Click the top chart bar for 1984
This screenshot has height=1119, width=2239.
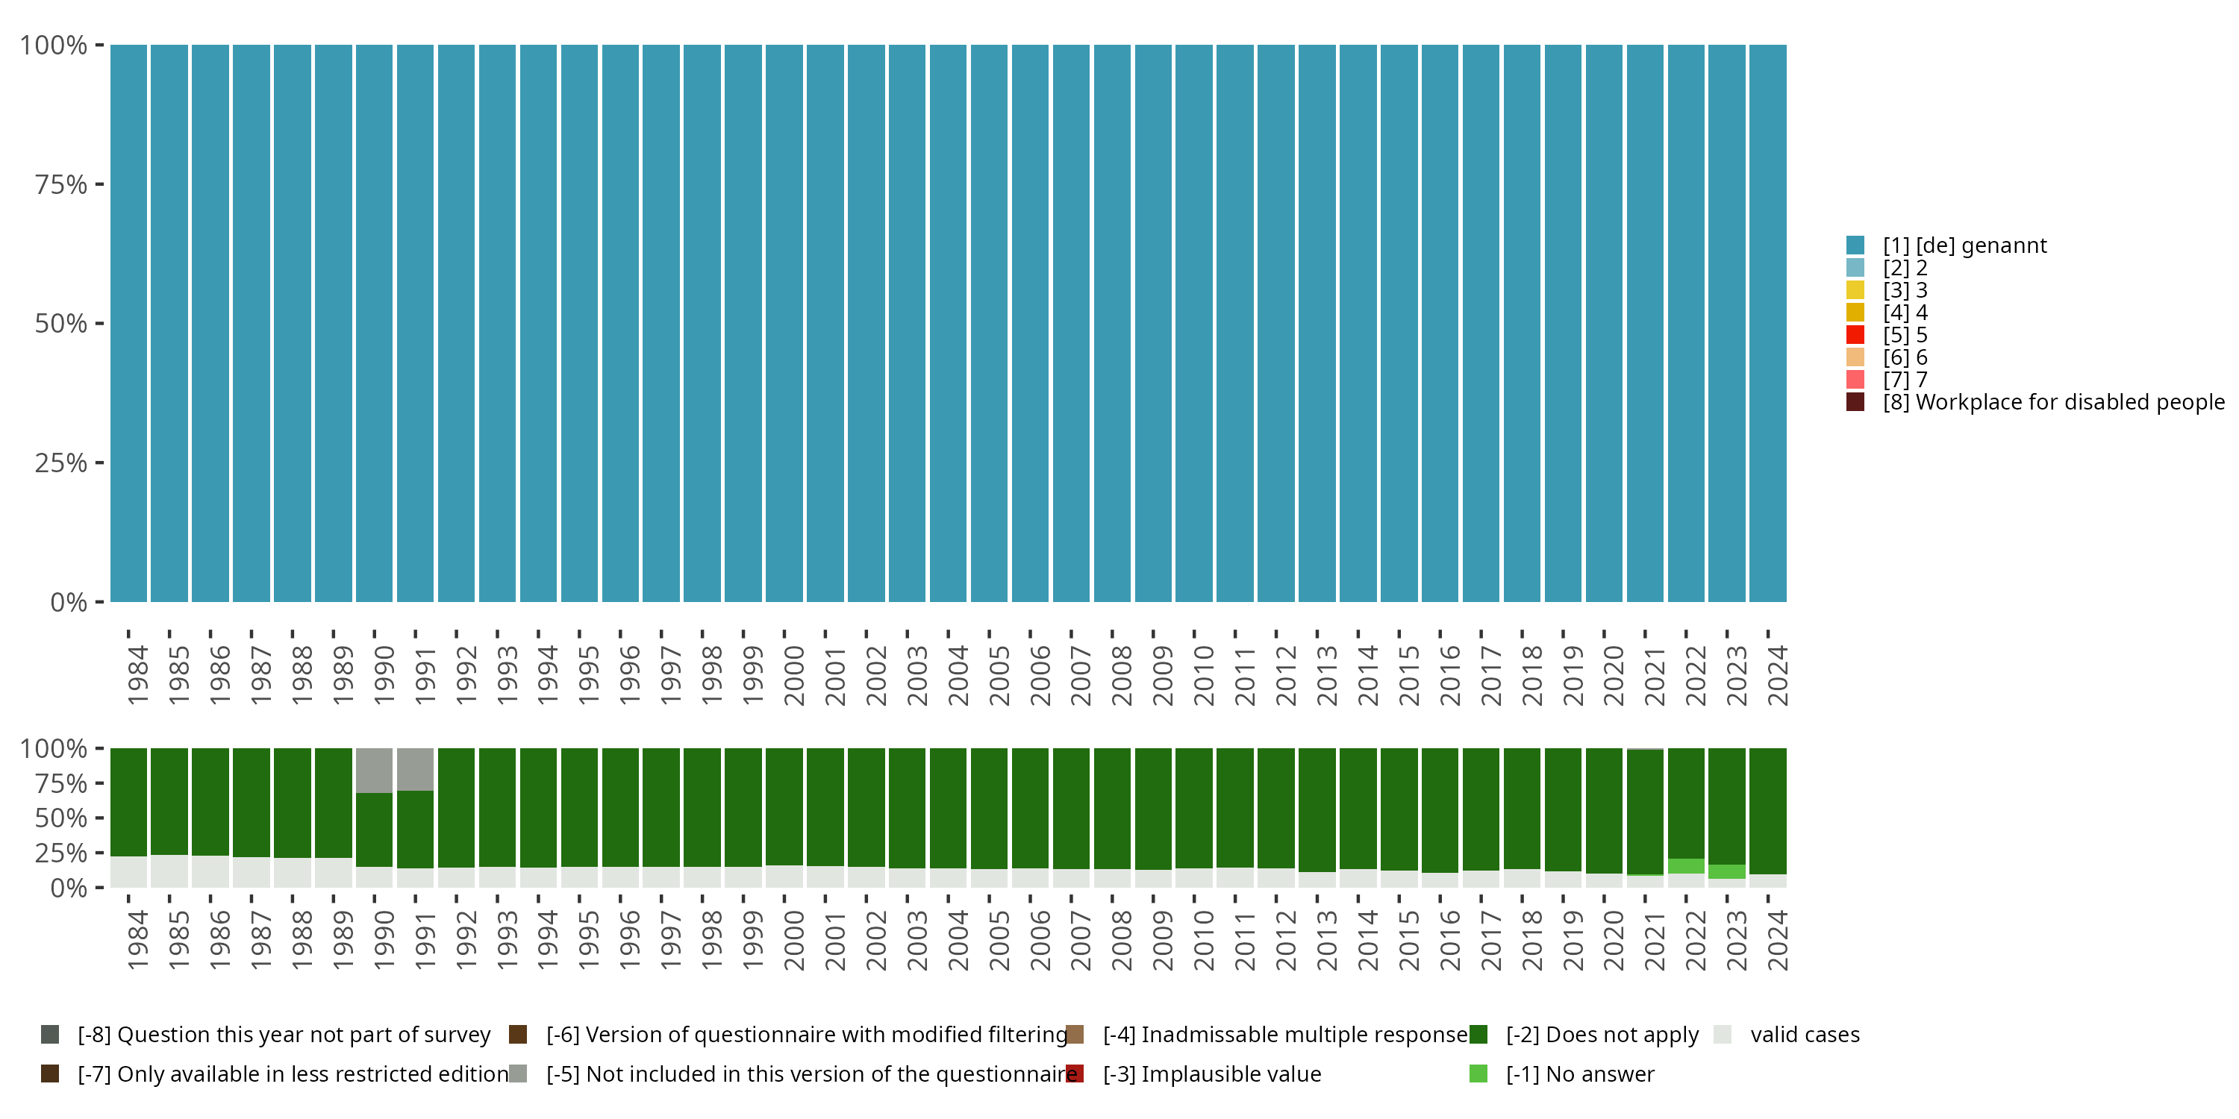(128, 323)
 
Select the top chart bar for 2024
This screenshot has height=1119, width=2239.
(1768, 323)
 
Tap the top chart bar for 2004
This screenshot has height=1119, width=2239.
(949, 323)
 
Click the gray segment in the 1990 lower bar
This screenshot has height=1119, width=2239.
(375, 770)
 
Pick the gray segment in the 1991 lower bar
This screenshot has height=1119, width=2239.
(416, 769)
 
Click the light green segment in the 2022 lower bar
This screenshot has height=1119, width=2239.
(1686, 866)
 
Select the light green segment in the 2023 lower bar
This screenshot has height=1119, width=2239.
(1727, 871)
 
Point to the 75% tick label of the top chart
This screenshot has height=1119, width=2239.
(61, 184)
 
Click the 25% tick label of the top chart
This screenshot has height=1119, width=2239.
(61, 463)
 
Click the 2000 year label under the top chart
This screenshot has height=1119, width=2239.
(793, 675)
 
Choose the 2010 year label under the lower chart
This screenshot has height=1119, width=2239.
(1204, 940)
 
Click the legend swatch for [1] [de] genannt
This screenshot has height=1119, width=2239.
(1855, 245)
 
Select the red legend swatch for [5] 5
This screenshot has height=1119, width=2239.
(1855, 334)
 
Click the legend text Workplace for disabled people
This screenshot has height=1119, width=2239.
(2068, 402)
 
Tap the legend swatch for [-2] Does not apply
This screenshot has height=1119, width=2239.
(1478, 1035)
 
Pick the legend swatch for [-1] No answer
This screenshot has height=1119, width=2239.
(1478, 1073)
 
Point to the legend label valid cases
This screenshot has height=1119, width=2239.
(1805, 1035)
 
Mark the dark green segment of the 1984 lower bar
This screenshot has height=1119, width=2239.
(128, 801)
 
